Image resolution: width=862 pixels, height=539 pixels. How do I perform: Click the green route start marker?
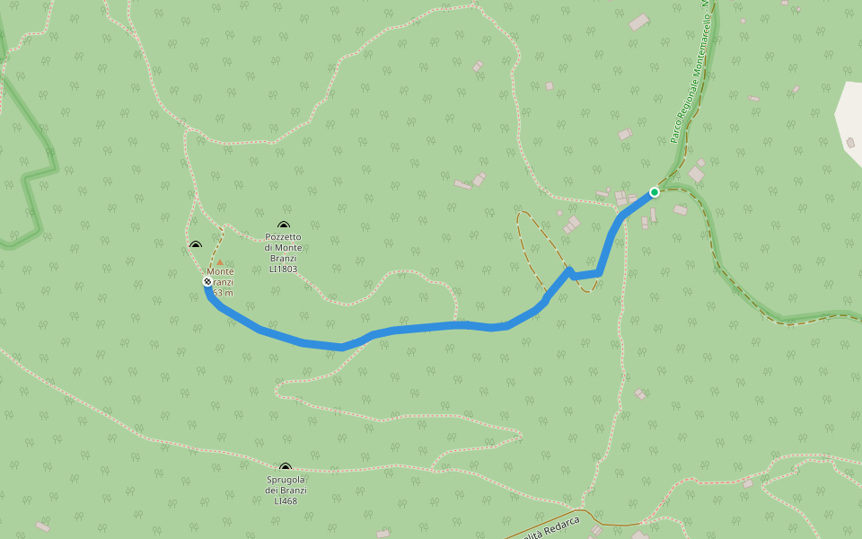[655, 192]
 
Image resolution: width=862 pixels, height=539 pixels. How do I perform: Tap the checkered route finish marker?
[207, 282]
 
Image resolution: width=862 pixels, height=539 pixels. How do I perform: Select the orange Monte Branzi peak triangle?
[220, 262]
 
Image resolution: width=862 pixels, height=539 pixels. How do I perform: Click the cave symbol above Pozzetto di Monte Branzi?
[284, 226]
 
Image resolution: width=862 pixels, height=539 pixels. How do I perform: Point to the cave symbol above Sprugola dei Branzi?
[286, 468]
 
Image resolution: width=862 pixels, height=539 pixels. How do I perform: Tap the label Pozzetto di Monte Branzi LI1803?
[283, 252]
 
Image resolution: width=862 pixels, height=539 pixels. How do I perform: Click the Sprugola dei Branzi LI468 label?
[286, 490]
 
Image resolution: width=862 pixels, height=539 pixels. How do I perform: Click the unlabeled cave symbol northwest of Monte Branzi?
[196, 244]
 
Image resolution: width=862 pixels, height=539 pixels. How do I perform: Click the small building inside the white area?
[850, 142]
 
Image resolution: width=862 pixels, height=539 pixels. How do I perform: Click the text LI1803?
[283, 269]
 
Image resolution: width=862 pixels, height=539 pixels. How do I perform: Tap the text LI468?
[286, 500]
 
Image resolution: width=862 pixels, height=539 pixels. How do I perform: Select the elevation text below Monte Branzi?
[224, 293]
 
